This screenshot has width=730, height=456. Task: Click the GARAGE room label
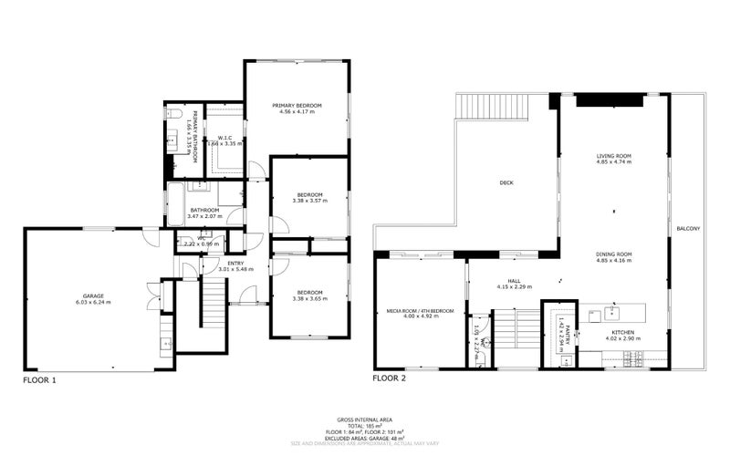tap(93, 295)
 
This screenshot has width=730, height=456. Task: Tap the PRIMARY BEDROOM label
tap(297, 106)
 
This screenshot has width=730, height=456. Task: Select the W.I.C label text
tap(224, 138)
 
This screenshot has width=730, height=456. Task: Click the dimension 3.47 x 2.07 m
tap(205, 217)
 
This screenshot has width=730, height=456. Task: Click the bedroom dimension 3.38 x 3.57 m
tap(309, 201)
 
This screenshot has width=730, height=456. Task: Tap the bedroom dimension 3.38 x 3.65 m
tap(309, 299)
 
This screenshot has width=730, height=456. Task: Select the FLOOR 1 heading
tap(40, 378)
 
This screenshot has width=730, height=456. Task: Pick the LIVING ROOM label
tap(614, 156)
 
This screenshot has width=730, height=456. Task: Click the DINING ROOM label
tap(614, 254)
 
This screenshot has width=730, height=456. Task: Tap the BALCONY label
tap(688, 228)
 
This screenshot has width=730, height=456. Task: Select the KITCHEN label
tap(623, 332)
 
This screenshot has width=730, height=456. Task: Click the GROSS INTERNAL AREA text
tap(365, 419)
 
